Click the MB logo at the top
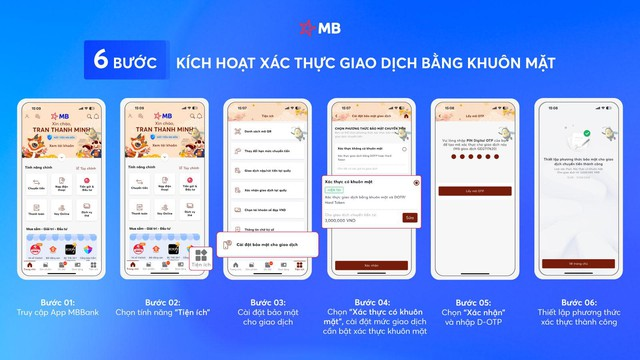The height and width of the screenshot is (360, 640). coord(320,28)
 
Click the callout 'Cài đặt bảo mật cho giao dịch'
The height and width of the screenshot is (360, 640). coord(268,244)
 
